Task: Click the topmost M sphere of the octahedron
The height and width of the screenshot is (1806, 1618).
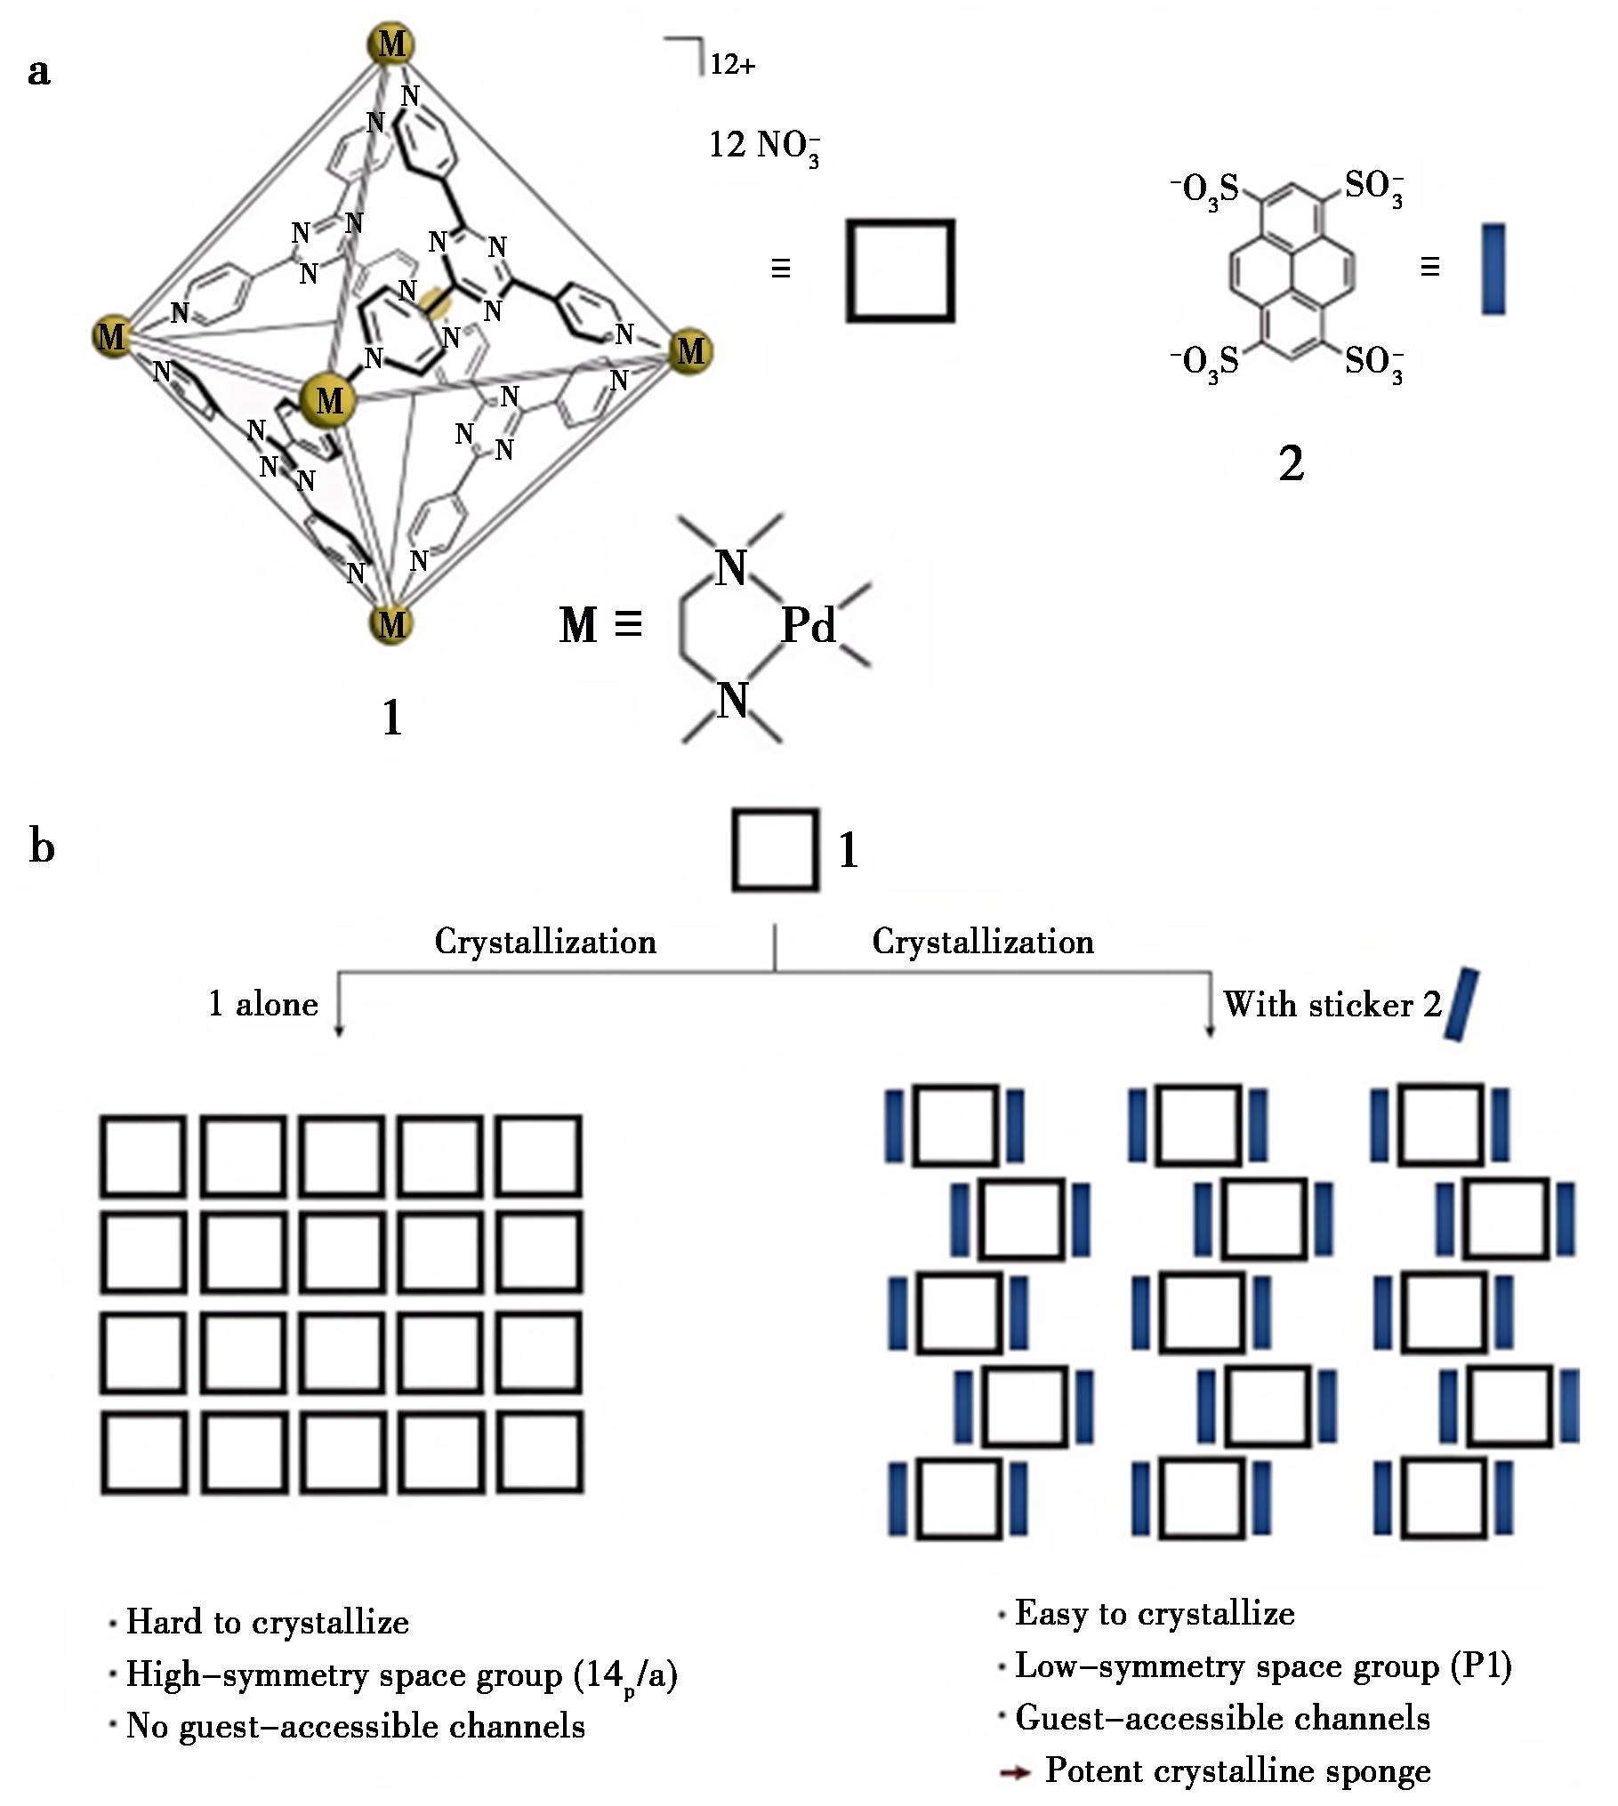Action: pos(391,44)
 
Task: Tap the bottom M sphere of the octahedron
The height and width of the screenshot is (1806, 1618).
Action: pos(391,624)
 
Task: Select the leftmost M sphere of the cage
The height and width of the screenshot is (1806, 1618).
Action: pos(112,336)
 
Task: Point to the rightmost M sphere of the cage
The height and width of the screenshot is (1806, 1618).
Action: pos(690,351)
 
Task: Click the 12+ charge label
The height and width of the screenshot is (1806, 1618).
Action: pos(732,65)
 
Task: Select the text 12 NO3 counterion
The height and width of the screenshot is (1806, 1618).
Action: pos(763,146)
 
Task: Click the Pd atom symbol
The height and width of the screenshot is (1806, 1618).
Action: pos(809,626)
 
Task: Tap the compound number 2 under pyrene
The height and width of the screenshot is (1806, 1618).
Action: pos(1291,463)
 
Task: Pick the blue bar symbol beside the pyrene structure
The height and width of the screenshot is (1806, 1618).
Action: pos(1493,269)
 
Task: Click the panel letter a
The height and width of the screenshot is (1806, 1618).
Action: pos(39,71)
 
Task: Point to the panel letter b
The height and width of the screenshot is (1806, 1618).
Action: pos(42,846)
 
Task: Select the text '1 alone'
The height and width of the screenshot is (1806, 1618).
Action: pos(263,1004)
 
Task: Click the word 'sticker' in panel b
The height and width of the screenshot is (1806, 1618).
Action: pos(1361,1005)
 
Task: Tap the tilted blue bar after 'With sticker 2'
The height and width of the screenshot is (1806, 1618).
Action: pos(1462,1006)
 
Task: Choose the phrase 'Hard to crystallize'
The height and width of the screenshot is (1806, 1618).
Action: pos(268,1621)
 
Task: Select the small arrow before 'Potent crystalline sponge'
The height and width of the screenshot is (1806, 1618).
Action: pos(1015,1771)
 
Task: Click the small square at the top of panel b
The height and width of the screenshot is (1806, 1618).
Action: pos(775,849)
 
